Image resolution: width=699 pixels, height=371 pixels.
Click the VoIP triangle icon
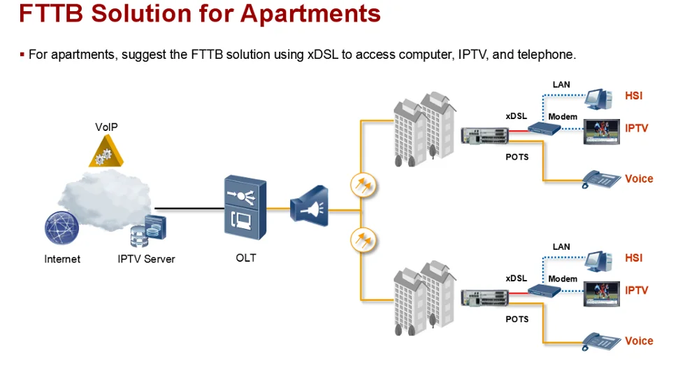point(106,150)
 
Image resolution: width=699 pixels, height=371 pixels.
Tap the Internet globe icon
point(62,228)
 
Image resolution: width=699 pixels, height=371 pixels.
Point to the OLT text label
point(246,258)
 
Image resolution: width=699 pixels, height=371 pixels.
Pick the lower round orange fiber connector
point(363,239)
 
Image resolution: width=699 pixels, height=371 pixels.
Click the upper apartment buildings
point(420,129)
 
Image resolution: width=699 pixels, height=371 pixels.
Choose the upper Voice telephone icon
point(601,179)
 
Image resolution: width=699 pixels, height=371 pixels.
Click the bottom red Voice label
point(639,341)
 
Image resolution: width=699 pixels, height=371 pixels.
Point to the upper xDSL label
point(516,116)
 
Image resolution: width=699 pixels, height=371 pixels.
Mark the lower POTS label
point(517,319)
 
